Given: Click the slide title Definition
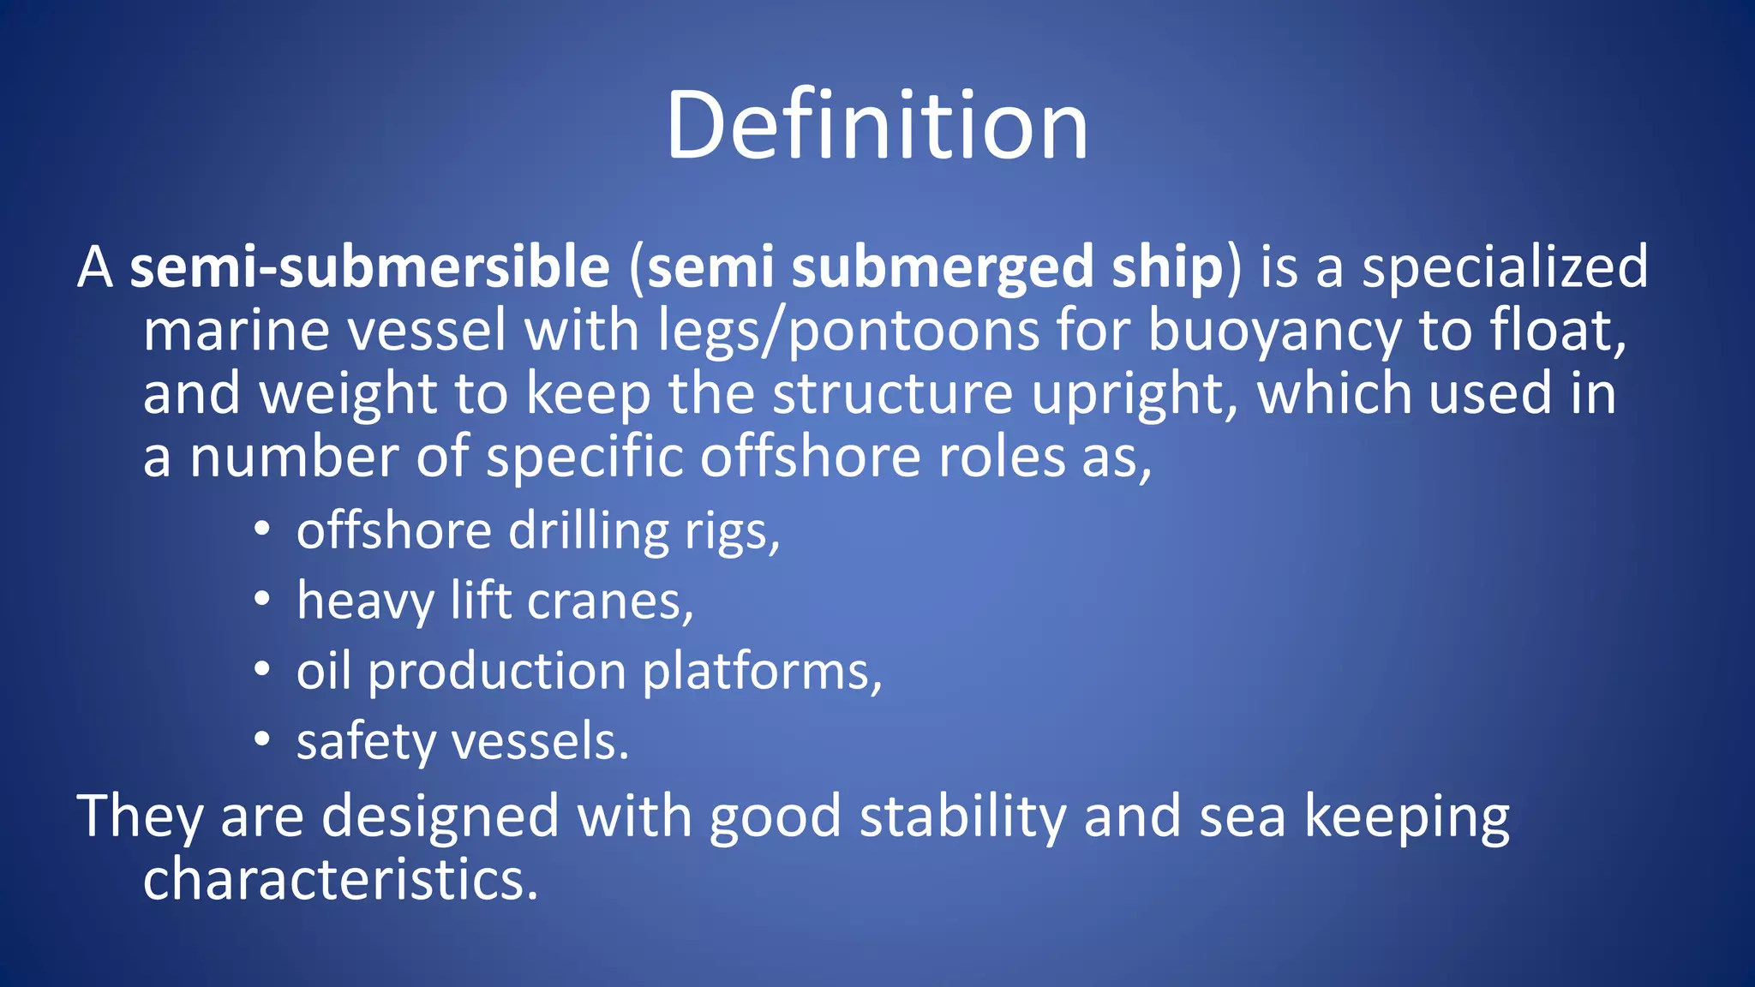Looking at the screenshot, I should tap(877, 126).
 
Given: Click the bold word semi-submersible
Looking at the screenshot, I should tap(369, 267).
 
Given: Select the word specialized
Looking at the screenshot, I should tap(1505, 267).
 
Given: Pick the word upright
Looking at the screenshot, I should tap(1135, 394).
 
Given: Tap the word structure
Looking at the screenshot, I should tap(893, 394).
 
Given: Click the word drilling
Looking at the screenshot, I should tap(589, 531).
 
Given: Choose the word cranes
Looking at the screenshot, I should tap(609, 601).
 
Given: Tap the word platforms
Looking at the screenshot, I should tap(762, 672).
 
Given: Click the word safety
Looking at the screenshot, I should tap(366, 742).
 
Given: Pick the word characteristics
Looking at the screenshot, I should tap(340, 880).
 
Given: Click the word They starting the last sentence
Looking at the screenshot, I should tap(140, 817).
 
